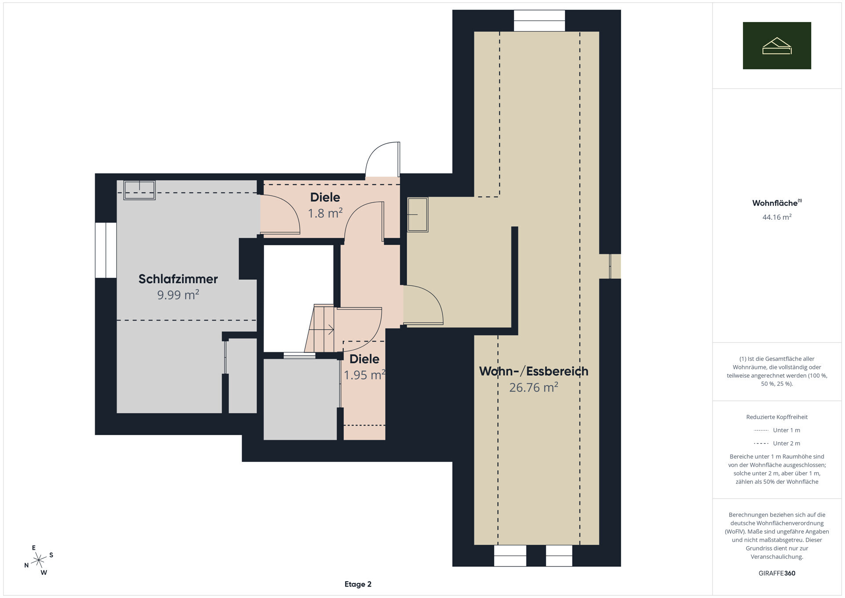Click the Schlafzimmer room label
[x=178, y=279]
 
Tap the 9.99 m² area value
[x=178, y=295]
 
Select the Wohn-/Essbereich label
[x=533, y=371]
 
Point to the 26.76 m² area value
[x=533, y=387]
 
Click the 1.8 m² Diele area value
[x=325, y=213]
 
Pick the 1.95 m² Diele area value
[x=364, y=375]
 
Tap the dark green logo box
[x=777, y=45]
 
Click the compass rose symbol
[x=39, y=560]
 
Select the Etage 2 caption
[x=358, y=584]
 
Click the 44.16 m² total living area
[x=777, y=217]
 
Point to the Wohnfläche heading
[x=777, y=203]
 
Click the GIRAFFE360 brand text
[x=777, y=573]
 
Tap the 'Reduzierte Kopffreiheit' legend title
[x=777, y=417]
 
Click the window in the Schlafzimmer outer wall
[x=106, y=250]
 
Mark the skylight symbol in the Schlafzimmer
[x=140, y=190]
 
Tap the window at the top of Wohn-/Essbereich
[x=539, y=21]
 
